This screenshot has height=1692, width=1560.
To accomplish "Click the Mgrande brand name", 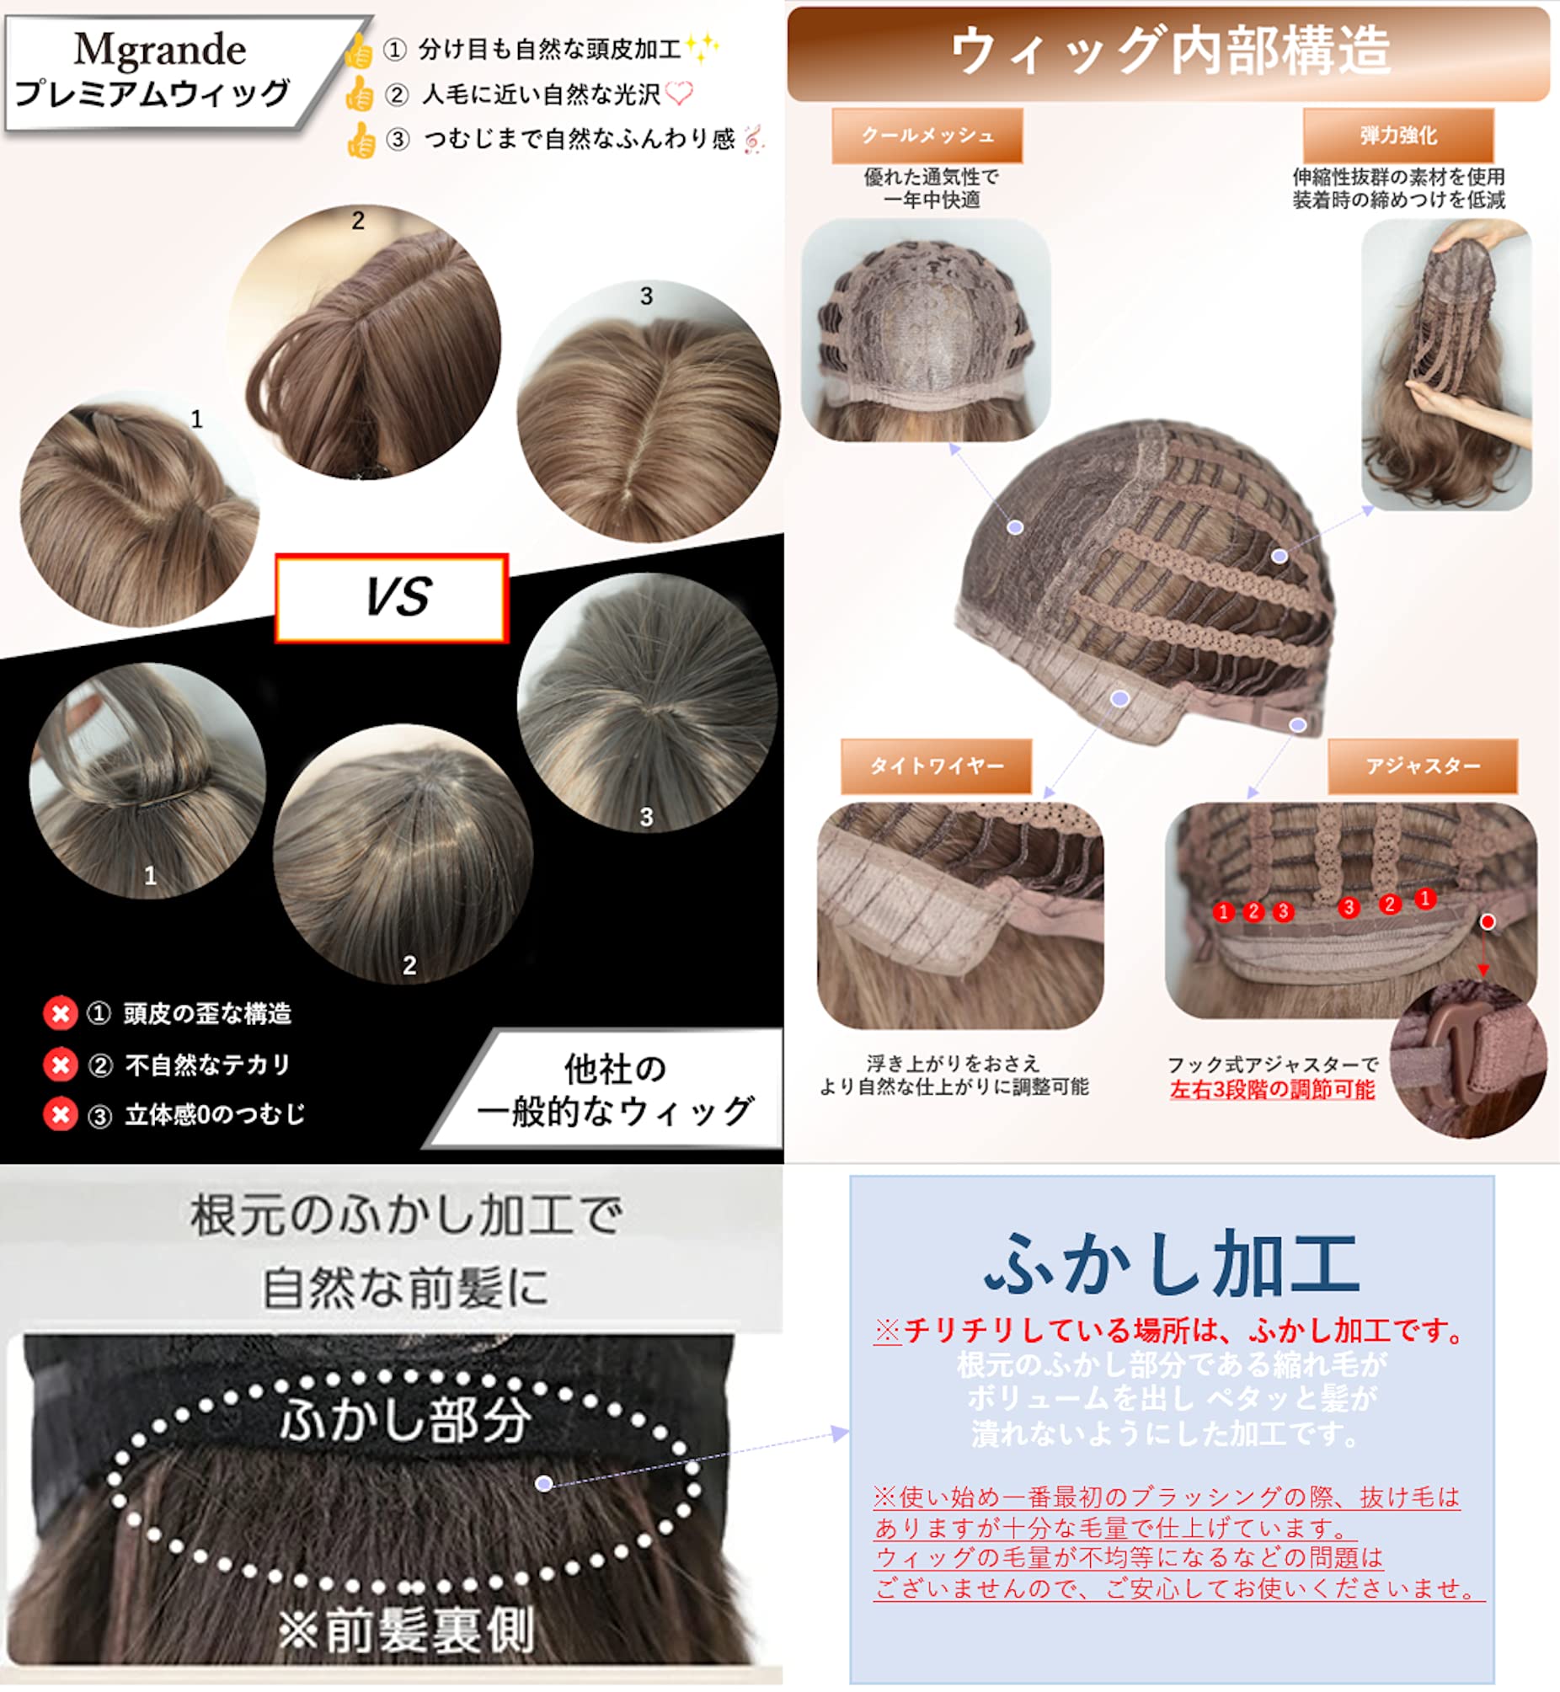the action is [160, 50].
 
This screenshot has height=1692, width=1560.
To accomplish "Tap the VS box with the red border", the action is [392, 597].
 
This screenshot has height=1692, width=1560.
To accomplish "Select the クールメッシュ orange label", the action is [927, 135].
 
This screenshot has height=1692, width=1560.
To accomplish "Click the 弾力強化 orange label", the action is [1398, 135].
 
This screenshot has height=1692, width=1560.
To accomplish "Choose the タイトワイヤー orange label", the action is [936, 766].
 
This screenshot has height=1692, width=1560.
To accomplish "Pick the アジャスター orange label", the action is [1423, 766].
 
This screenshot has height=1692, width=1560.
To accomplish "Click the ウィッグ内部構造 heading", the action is [1170, 51].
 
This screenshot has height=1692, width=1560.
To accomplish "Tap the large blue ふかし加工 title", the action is [1172, 1262].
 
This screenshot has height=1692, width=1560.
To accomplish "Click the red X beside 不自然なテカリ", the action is [61, 1065].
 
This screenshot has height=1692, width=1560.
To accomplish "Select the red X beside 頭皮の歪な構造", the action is [61, 1012].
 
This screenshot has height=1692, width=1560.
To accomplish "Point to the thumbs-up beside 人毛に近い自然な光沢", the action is [360, 94].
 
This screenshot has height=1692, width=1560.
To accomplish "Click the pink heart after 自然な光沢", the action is [680, 93].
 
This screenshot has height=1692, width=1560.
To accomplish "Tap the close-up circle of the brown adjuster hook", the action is [1468, 1060].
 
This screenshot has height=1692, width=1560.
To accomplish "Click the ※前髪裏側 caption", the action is [406, 1629].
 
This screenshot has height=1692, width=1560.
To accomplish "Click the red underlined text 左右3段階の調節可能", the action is [1272, 1090].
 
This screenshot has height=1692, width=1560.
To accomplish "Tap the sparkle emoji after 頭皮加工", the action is [703, 47].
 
